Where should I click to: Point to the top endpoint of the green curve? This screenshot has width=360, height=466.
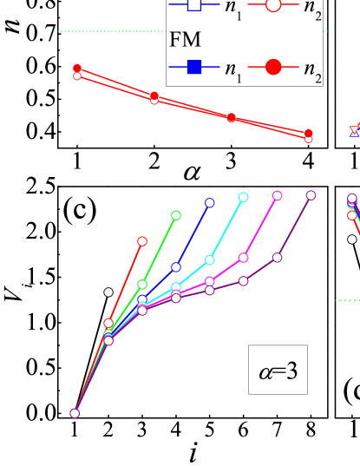pos(176,214)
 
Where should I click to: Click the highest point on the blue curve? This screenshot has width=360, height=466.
pos(210,202)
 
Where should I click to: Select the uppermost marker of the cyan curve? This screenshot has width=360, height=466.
pos(244,197)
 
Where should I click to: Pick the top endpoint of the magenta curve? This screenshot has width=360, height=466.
pos(278,195)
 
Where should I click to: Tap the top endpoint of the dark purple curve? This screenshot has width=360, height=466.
pos(311,195)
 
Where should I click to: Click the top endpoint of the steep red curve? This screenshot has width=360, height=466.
pos(142,241)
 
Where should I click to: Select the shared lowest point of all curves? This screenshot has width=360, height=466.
pos(75,413)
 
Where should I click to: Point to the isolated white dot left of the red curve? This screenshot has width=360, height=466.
pos(108,292)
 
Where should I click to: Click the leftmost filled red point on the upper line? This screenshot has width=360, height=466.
pos(77,68)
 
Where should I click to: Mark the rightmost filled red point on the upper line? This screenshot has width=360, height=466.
pos(309,133)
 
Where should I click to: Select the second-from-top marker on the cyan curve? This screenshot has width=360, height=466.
pos(210,259)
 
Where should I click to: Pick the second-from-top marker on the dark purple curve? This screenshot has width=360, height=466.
pos(278,257)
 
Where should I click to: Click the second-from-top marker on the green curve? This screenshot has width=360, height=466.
pos(142,284)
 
